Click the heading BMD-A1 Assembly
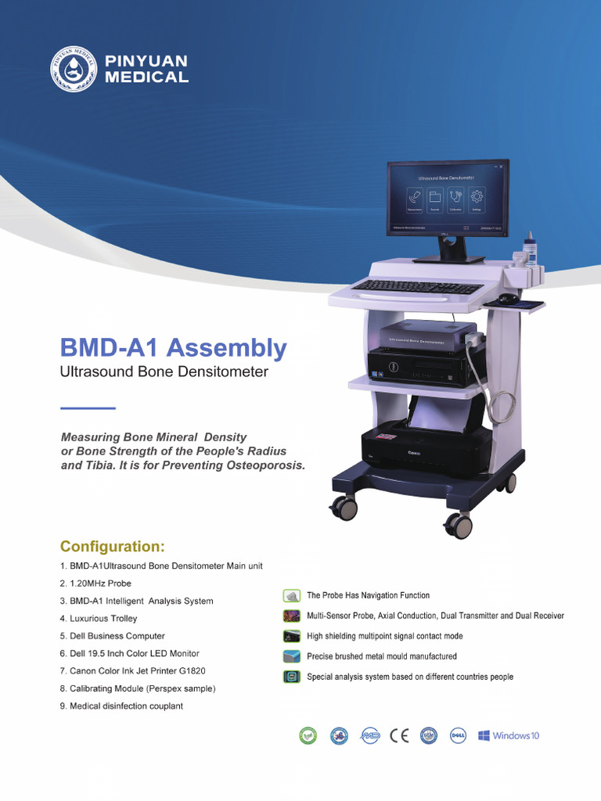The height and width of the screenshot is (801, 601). click(174, 347)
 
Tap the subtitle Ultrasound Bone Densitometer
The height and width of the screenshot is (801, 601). click(164, 372)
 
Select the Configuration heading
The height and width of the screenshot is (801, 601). click(113, 546)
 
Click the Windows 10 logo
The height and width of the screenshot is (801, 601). click(509, 736)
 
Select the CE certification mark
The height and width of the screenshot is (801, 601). click(399, 736)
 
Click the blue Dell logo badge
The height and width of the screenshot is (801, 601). click(459, 736)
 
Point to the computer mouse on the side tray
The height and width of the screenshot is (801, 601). click(508, 298)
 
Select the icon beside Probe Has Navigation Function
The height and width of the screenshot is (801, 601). click(292, 596)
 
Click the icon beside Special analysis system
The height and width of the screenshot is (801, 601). click(292, 677)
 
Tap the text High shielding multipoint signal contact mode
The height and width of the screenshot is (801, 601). click(385, 637)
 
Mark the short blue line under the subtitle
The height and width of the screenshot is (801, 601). click(88, 408)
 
